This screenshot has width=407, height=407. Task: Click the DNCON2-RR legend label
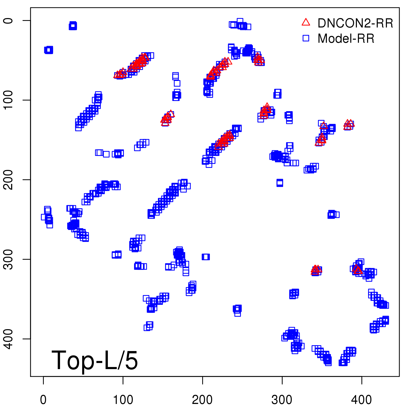[355, 23]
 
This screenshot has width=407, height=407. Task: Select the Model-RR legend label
[346, 39]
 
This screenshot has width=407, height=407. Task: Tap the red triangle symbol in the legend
[306, 22]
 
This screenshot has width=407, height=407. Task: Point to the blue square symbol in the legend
[306, 38]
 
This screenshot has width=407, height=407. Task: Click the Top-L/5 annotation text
[95, 360]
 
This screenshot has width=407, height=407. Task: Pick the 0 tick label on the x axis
[43, 400]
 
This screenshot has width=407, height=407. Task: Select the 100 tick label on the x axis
[123, 400]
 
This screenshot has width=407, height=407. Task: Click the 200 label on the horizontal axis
[202, 400]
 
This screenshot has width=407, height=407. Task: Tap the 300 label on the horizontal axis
[282, 400]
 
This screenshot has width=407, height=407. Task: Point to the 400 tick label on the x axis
[361, 400]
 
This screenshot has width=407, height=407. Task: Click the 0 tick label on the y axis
[9, 21]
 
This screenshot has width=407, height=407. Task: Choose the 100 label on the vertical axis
[9, 100]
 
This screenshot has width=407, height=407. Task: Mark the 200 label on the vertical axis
[9, 180]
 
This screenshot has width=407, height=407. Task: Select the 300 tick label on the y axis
[9, 259]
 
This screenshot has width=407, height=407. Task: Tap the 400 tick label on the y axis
[9, 339]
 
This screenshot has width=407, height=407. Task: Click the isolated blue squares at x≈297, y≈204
[280, 183]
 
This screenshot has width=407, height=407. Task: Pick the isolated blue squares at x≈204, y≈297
[206, 257]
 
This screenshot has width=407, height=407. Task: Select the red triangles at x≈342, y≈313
[316, 270]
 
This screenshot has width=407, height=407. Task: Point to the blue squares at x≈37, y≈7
[73, 26]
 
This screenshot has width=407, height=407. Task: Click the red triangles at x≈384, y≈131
[349, 125]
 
